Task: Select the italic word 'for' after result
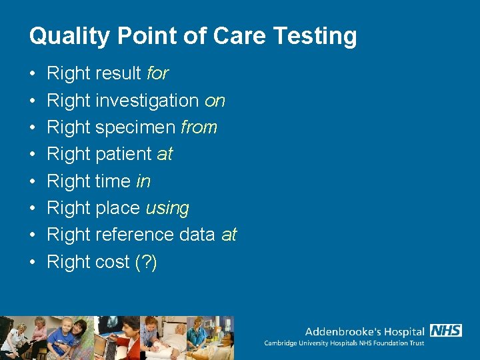[x=158, y=73]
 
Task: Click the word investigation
[x=147, y=101]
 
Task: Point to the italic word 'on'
[x=215, y=101]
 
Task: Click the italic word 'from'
[x=199, y=127]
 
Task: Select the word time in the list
[x=113, y=181]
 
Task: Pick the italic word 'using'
[x=167, y=208]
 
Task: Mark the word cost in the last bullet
[x=113, y=262]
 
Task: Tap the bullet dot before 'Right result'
[x=33, y=74]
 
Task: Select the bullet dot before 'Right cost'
[x=33, y=262]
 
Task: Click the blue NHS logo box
[x=446, y=331]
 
